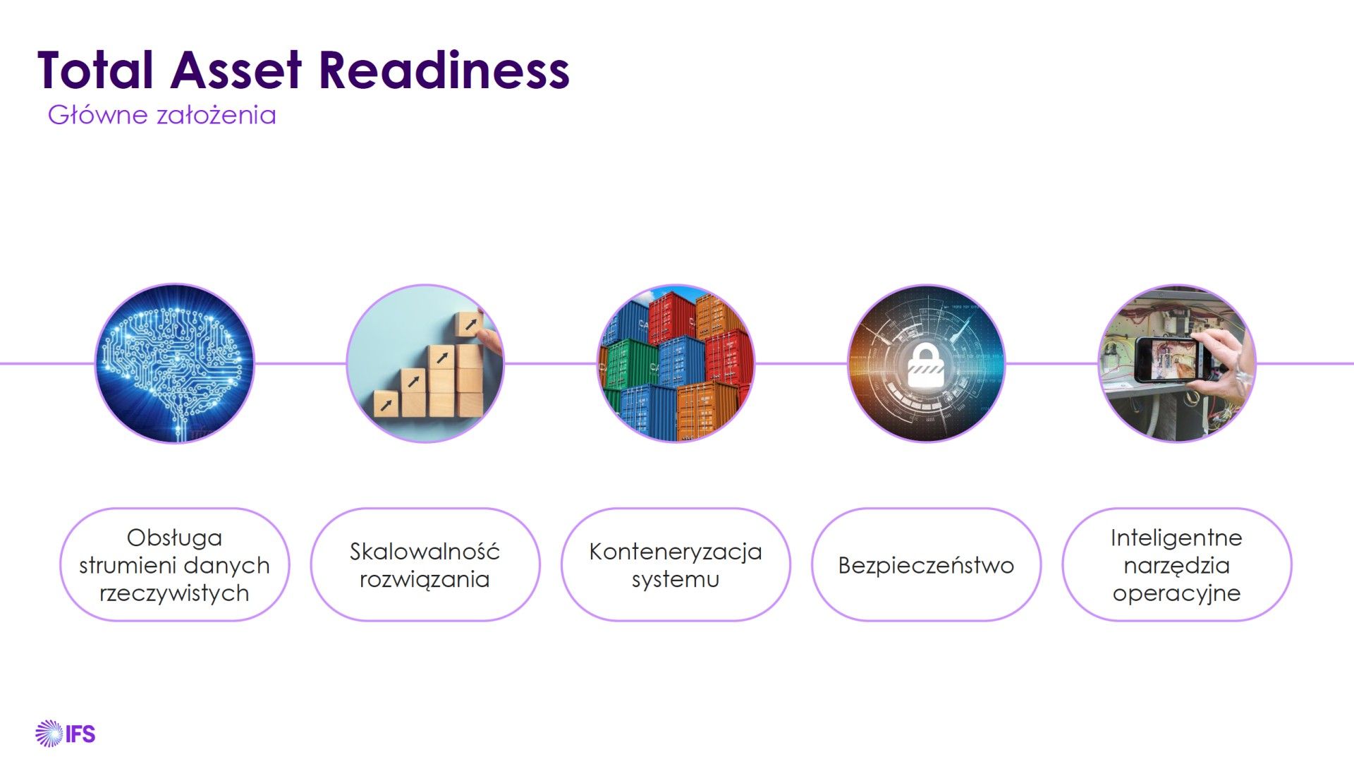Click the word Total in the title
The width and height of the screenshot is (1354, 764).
(x=95, y=70)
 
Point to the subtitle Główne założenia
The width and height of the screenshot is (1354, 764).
(x=161, y=114)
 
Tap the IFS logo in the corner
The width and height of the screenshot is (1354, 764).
(x=65, y=734)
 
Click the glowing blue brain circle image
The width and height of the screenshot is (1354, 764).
(x=174, y=363)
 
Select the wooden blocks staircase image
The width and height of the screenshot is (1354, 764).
(x=425, y=363)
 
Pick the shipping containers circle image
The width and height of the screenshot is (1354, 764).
(x=676, y=363)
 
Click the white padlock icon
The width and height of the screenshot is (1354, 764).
(x=926, y=365)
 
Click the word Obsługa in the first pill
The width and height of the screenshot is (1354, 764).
(x=174, y=538)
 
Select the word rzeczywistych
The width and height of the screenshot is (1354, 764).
(x=174, y=593)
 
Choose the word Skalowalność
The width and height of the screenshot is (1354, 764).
(x=425, y=551)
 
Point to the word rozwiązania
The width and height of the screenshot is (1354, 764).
(x=425, y=579)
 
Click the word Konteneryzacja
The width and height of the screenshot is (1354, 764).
(x=676, y=552)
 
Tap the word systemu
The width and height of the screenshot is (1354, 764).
(x=676, y=580)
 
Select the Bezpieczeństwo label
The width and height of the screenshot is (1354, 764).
(x=926, y=565)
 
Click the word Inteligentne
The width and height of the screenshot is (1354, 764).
(x=1176, y=538)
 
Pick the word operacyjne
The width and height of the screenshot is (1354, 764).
(x=1176, y=593)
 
